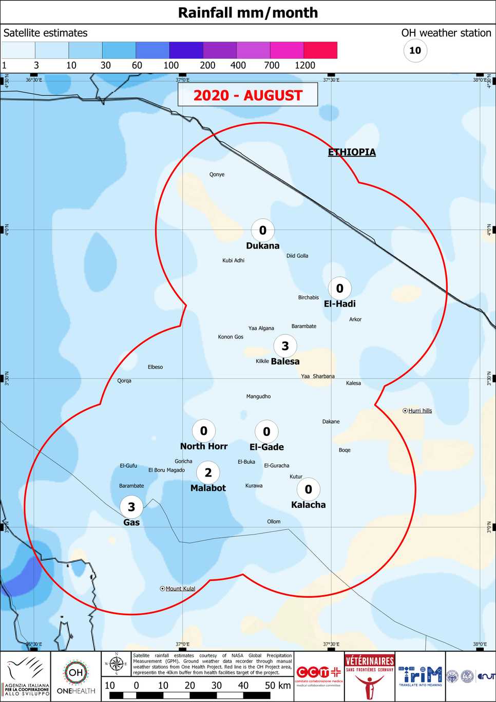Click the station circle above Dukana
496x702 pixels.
(x=262, y=230)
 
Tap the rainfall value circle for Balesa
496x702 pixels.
(x=285, y=346)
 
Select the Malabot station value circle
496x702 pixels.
(x=208, y=472)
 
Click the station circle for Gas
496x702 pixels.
(x=131, y=507)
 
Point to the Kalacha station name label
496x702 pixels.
(x=308, y=505)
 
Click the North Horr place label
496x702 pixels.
(x=203, y=446)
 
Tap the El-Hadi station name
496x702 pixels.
(x=339, y=303)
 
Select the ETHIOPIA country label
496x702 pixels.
(x=352, y=152)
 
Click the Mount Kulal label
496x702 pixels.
(x=180, y=589)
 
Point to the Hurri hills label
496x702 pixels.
(x=420, y=411)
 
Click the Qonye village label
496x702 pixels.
(x=217, y=175)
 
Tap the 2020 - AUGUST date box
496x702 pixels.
(x=247, y=95)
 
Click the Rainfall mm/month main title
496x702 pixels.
(x=248, y=12)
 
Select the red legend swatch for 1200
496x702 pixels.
(x=320, y=50)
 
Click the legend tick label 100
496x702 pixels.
(x=171, y=65)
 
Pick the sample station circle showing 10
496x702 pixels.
(x=415, y=50)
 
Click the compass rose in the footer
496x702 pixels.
(x=117, y=664)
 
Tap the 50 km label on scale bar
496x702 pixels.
(x=278, y=685)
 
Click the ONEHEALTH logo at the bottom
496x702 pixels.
(x=76, y=676)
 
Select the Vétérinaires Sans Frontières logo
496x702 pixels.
(x=369, y=676)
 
